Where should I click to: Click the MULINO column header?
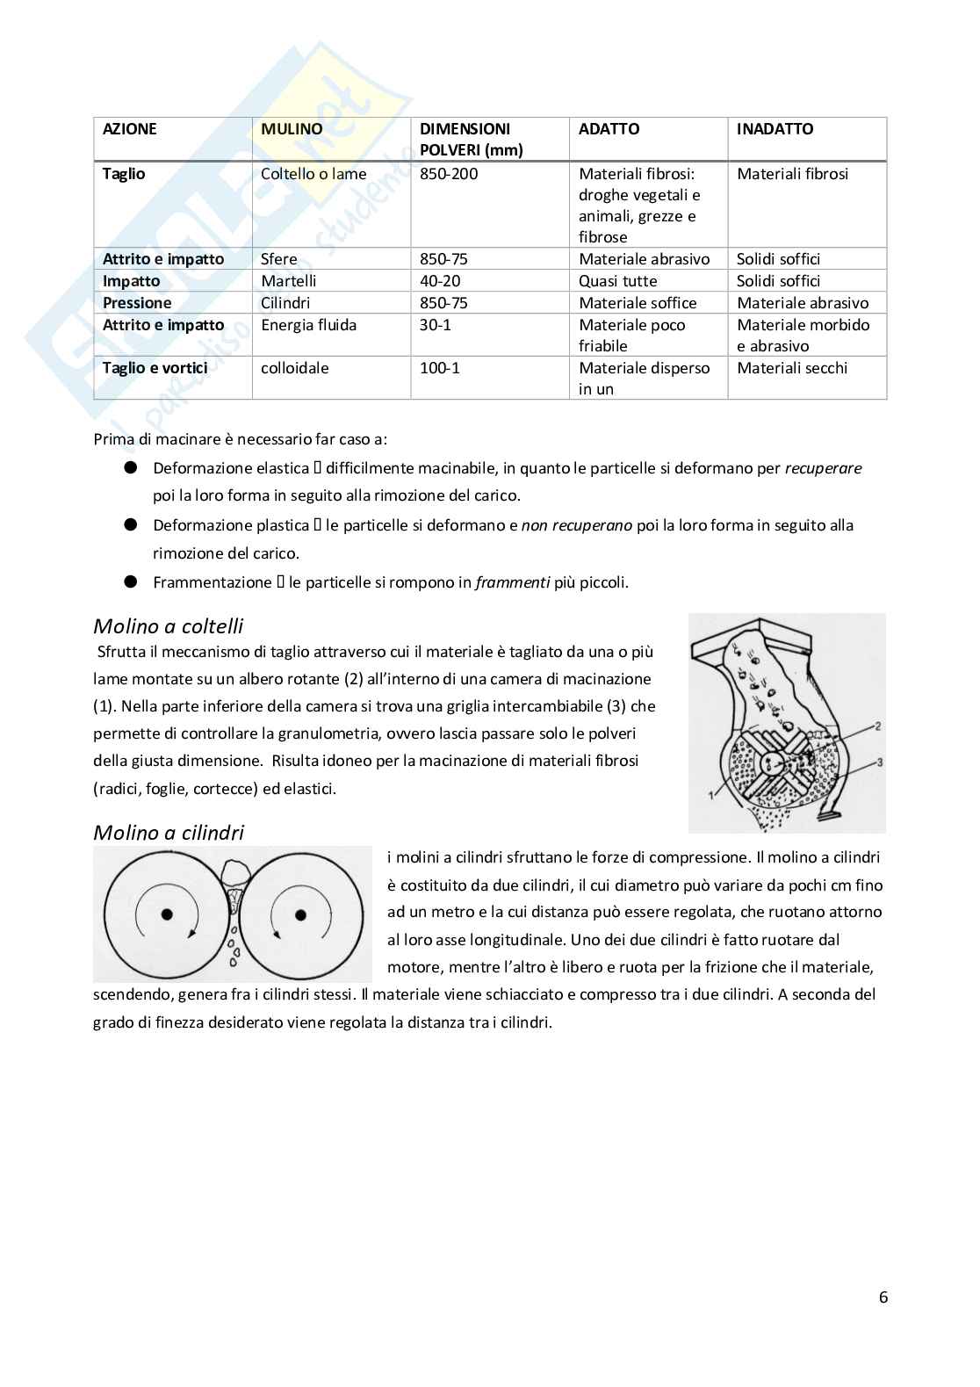(292, 129)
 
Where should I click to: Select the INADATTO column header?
(775, 129)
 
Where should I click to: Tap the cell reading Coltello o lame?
(313, 174)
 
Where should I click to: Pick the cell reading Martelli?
(288, 281)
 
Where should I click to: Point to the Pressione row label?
(137, 303)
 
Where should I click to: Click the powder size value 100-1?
(439, 368)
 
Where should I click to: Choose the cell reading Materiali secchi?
(792, 368)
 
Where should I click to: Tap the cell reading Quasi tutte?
(617, 281)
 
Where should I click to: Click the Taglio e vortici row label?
(155, 368)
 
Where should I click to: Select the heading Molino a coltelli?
(168, 626)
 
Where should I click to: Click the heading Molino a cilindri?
(169, 833)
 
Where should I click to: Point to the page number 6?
(883, 1297)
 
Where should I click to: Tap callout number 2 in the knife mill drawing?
(877, 726)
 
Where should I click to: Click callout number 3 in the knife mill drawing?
(879, 762)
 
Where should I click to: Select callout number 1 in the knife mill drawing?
(711, 795)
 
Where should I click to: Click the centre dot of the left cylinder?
(167, 914)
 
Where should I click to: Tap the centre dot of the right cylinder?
(300, 914)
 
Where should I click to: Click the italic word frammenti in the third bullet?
(512, 582)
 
